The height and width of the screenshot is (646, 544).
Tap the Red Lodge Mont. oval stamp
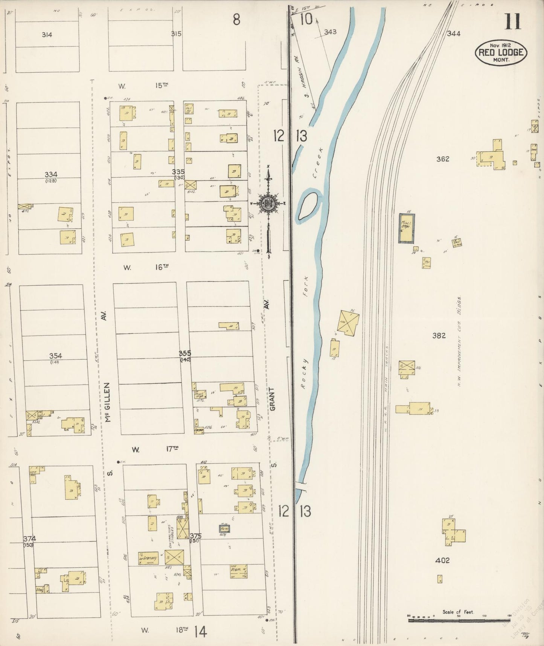(501, 52)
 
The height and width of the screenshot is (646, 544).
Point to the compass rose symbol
(268, 204)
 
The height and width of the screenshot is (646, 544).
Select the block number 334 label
(51, 175)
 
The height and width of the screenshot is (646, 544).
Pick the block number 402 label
(442, 560)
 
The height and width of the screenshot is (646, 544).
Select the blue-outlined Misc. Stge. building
(407, 228)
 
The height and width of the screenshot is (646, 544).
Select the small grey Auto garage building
(225, 529)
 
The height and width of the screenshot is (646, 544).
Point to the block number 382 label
(439, 335)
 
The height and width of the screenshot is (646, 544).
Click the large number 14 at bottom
(200, 632)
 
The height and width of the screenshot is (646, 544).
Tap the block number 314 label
(47, 35)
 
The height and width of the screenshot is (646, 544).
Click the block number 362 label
(443, 159)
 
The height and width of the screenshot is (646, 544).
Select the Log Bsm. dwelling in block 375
(238, 571)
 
